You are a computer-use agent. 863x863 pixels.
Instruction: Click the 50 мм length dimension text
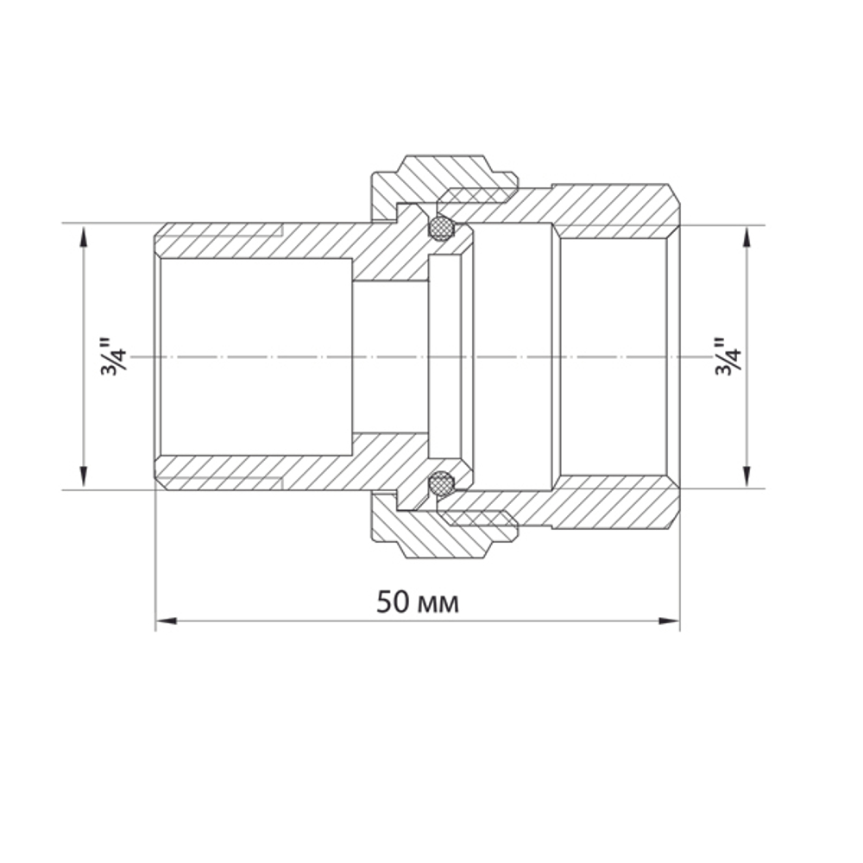pyautogui.click(x=418, y=602)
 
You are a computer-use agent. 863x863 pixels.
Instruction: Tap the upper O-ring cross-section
pyautogui.click(x=442, y=228)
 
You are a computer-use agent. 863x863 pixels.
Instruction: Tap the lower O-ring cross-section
pyautogui.click(x=442, y=484)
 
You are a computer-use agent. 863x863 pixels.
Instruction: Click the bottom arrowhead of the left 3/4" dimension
pyautogui.click(x=84, y=478)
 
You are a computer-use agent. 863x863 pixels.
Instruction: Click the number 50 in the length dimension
pyautogui.click(x=393, y=602)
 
